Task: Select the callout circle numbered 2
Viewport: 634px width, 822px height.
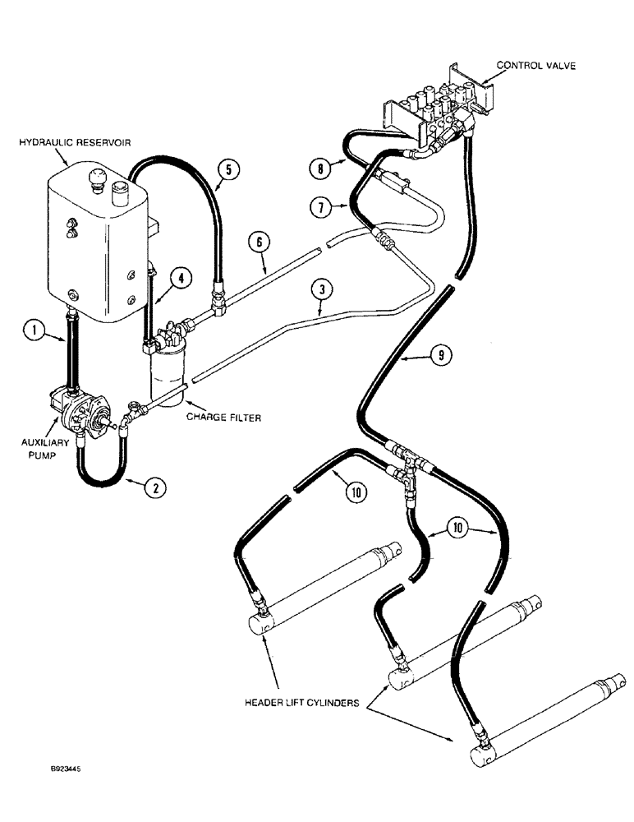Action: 154,487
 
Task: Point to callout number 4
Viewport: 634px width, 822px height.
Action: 181,278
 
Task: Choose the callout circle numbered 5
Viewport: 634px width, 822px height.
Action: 228,170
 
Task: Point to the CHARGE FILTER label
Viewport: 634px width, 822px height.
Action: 224,418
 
